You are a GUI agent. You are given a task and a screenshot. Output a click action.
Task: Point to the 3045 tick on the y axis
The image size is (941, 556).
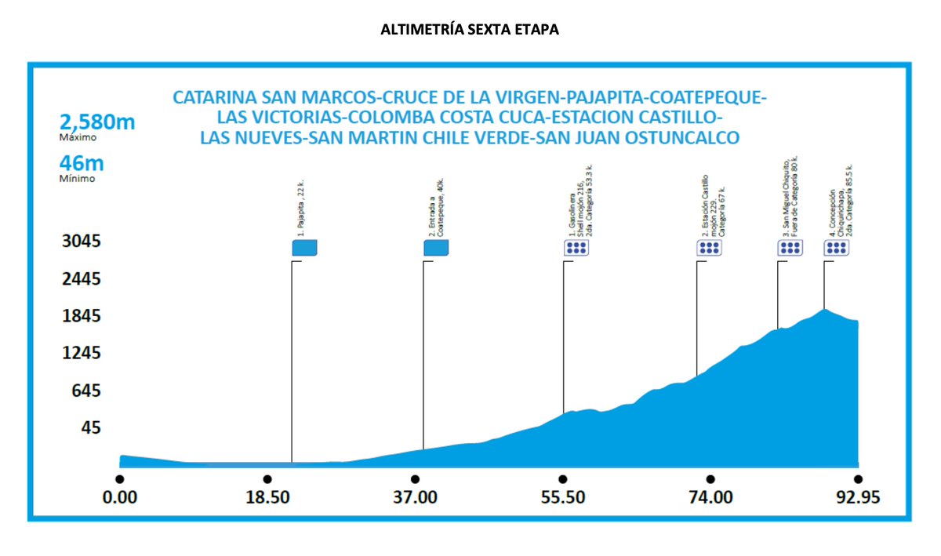coord(82,242)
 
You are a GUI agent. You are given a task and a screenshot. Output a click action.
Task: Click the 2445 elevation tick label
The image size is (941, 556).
coord(82,279)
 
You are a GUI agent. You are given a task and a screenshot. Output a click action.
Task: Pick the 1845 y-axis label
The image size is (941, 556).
coord(82,316)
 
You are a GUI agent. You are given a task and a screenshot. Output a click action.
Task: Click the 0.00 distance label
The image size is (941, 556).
coord(119,497)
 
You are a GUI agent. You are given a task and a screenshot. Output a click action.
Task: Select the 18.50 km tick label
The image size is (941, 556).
coord(267,497)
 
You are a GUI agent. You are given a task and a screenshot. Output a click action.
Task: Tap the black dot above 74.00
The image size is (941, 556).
coord(710,479)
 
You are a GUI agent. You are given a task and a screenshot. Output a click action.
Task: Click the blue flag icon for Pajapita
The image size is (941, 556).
coord(304,248)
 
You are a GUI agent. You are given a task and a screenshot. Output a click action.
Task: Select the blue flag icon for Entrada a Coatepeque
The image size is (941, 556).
coord(436,248)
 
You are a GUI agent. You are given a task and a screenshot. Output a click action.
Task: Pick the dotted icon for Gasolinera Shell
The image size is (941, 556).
coord(576,249)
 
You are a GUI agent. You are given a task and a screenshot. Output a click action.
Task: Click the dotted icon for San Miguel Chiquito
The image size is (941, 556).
coord(790,249)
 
